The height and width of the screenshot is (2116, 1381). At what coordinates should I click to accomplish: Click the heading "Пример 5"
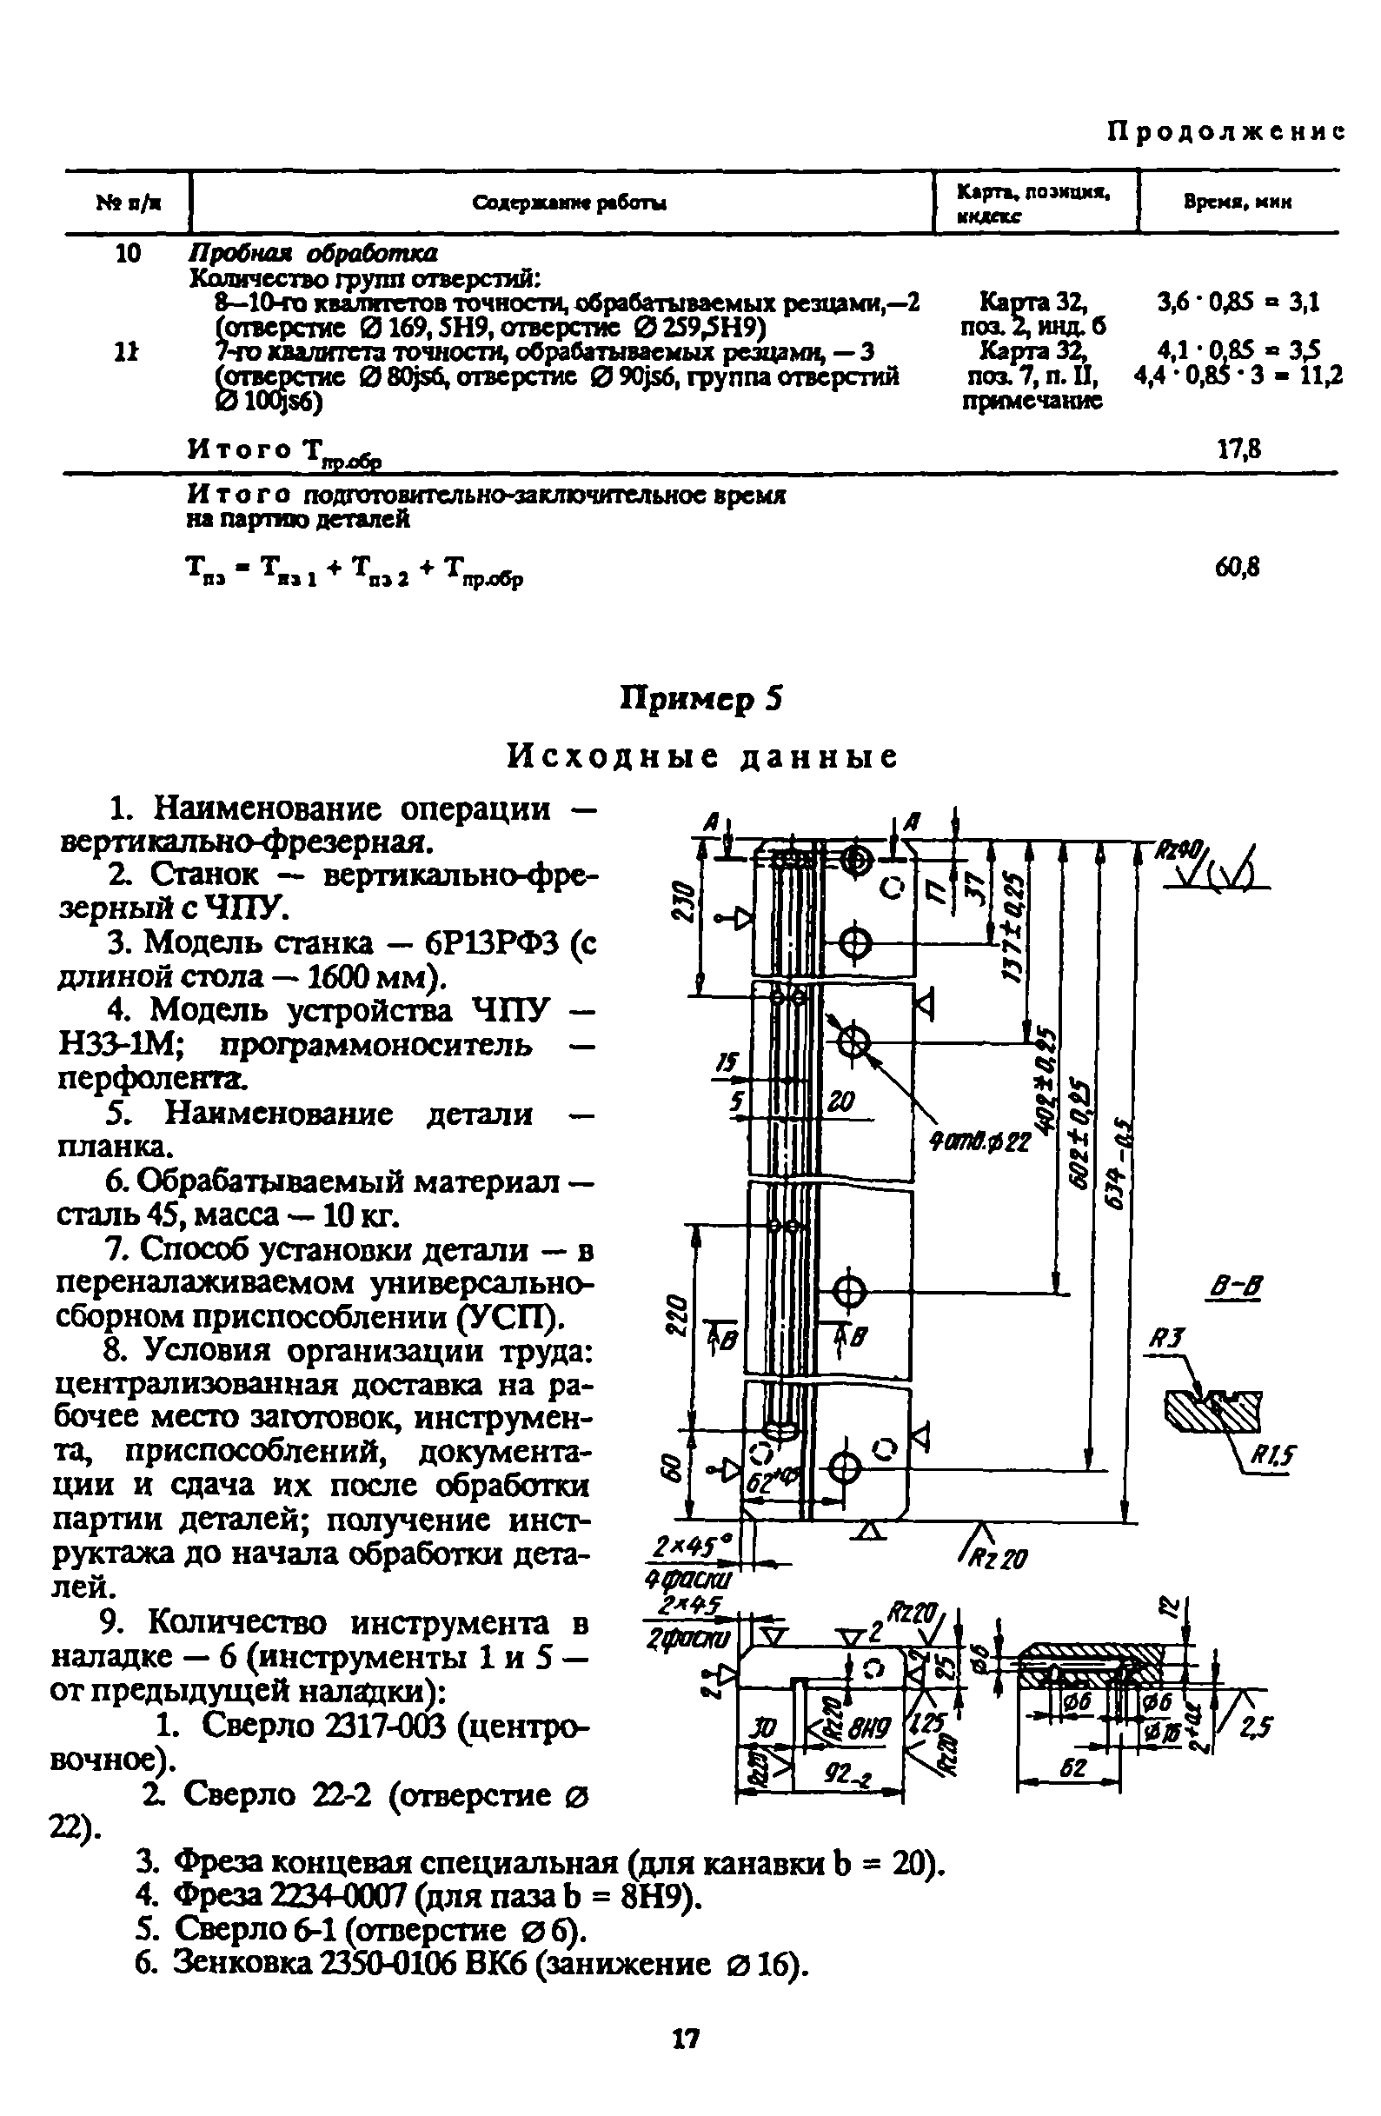[700, 699]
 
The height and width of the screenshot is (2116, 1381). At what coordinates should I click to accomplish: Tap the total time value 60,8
[1237, 566]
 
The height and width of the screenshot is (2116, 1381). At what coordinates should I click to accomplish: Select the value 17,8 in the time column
[1238, 449]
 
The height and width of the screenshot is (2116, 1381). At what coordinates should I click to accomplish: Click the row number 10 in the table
[128, 254]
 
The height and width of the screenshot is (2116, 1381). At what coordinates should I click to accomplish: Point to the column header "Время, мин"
[1237, 203]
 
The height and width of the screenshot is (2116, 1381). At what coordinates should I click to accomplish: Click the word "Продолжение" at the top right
[1225, 132]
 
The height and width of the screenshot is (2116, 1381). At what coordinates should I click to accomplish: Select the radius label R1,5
[1273, 1454]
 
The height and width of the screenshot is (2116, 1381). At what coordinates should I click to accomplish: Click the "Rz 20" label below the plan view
[1002, 1557]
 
